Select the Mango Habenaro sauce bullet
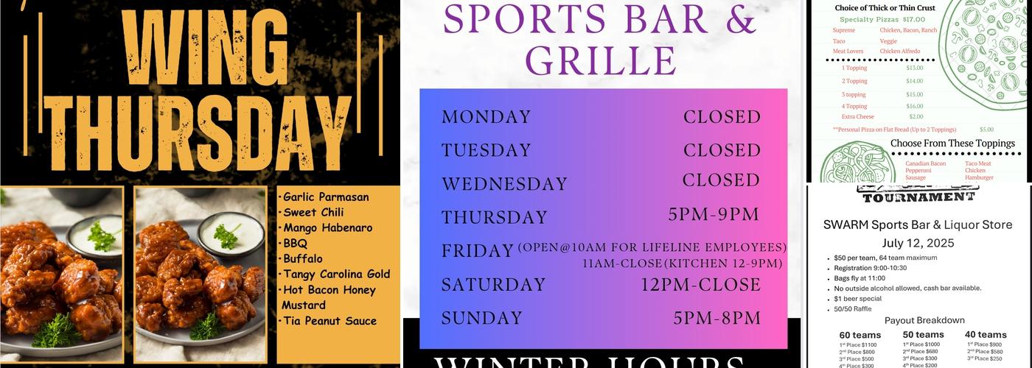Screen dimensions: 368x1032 [327, 228]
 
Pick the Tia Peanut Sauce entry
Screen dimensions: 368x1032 [330, 321]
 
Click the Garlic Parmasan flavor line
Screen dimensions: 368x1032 [326, 197]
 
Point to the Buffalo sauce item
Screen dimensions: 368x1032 [302, 259]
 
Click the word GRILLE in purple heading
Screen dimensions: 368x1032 [601, 60]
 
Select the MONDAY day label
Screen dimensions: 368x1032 [487, 117]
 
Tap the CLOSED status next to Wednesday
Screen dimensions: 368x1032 [721, 180]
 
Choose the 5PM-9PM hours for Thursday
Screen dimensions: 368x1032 [714, 214]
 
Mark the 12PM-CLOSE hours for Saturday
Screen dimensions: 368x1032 [700, 284]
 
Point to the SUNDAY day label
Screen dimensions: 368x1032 [482, 318]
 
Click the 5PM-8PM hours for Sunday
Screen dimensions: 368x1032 [717, 318]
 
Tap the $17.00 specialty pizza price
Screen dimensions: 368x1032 [913, 19]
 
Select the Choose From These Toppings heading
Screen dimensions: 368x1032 [952, 144]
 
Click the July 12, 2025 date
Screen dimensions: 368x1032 [918, 243]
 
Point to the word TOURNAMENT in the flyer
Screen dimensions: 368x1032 [918, 197]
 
